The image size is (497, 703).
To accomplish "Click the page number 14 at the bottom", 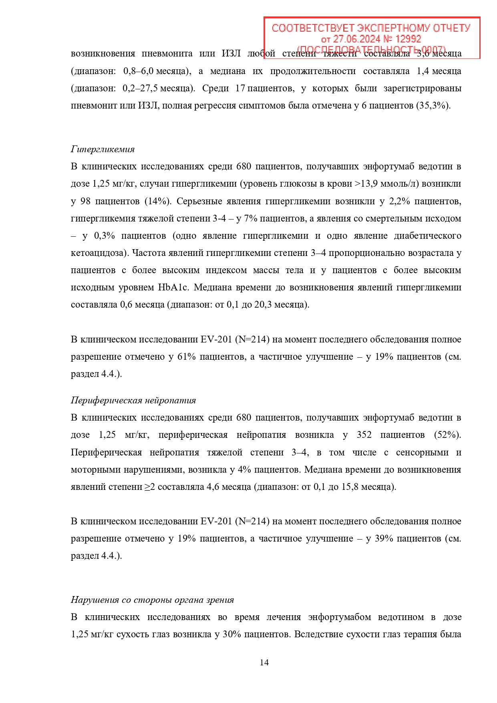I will pyautogui.click(x=264, y=662).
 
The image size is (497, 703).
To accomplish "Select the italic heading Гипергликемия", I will pyautogui.click(x=103, y=149).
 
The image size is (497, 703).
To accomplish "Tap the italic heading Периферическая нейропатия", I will pyautogui.click(x=133, y=401).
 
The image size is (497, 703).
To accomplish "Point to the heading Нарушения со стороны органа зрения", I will pyautogui.click(x=152, y=600).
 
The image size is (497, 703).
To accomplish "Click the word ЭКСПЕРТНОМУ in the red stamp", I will pyautogui.click(x=393, y=28).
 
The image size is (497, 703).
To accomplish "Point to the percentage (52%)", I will pyautogui.click(x=447, y=435).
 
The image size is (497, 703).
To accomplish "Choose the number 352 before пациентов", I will pyautogui.click(x=364, y=435).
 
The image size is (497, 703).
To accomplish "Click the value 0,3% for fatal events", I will pyautogui.click(x=105, y=236).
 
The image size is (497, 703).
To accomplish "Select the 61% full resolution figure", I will pyautogui.click(x=186, y=357).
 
